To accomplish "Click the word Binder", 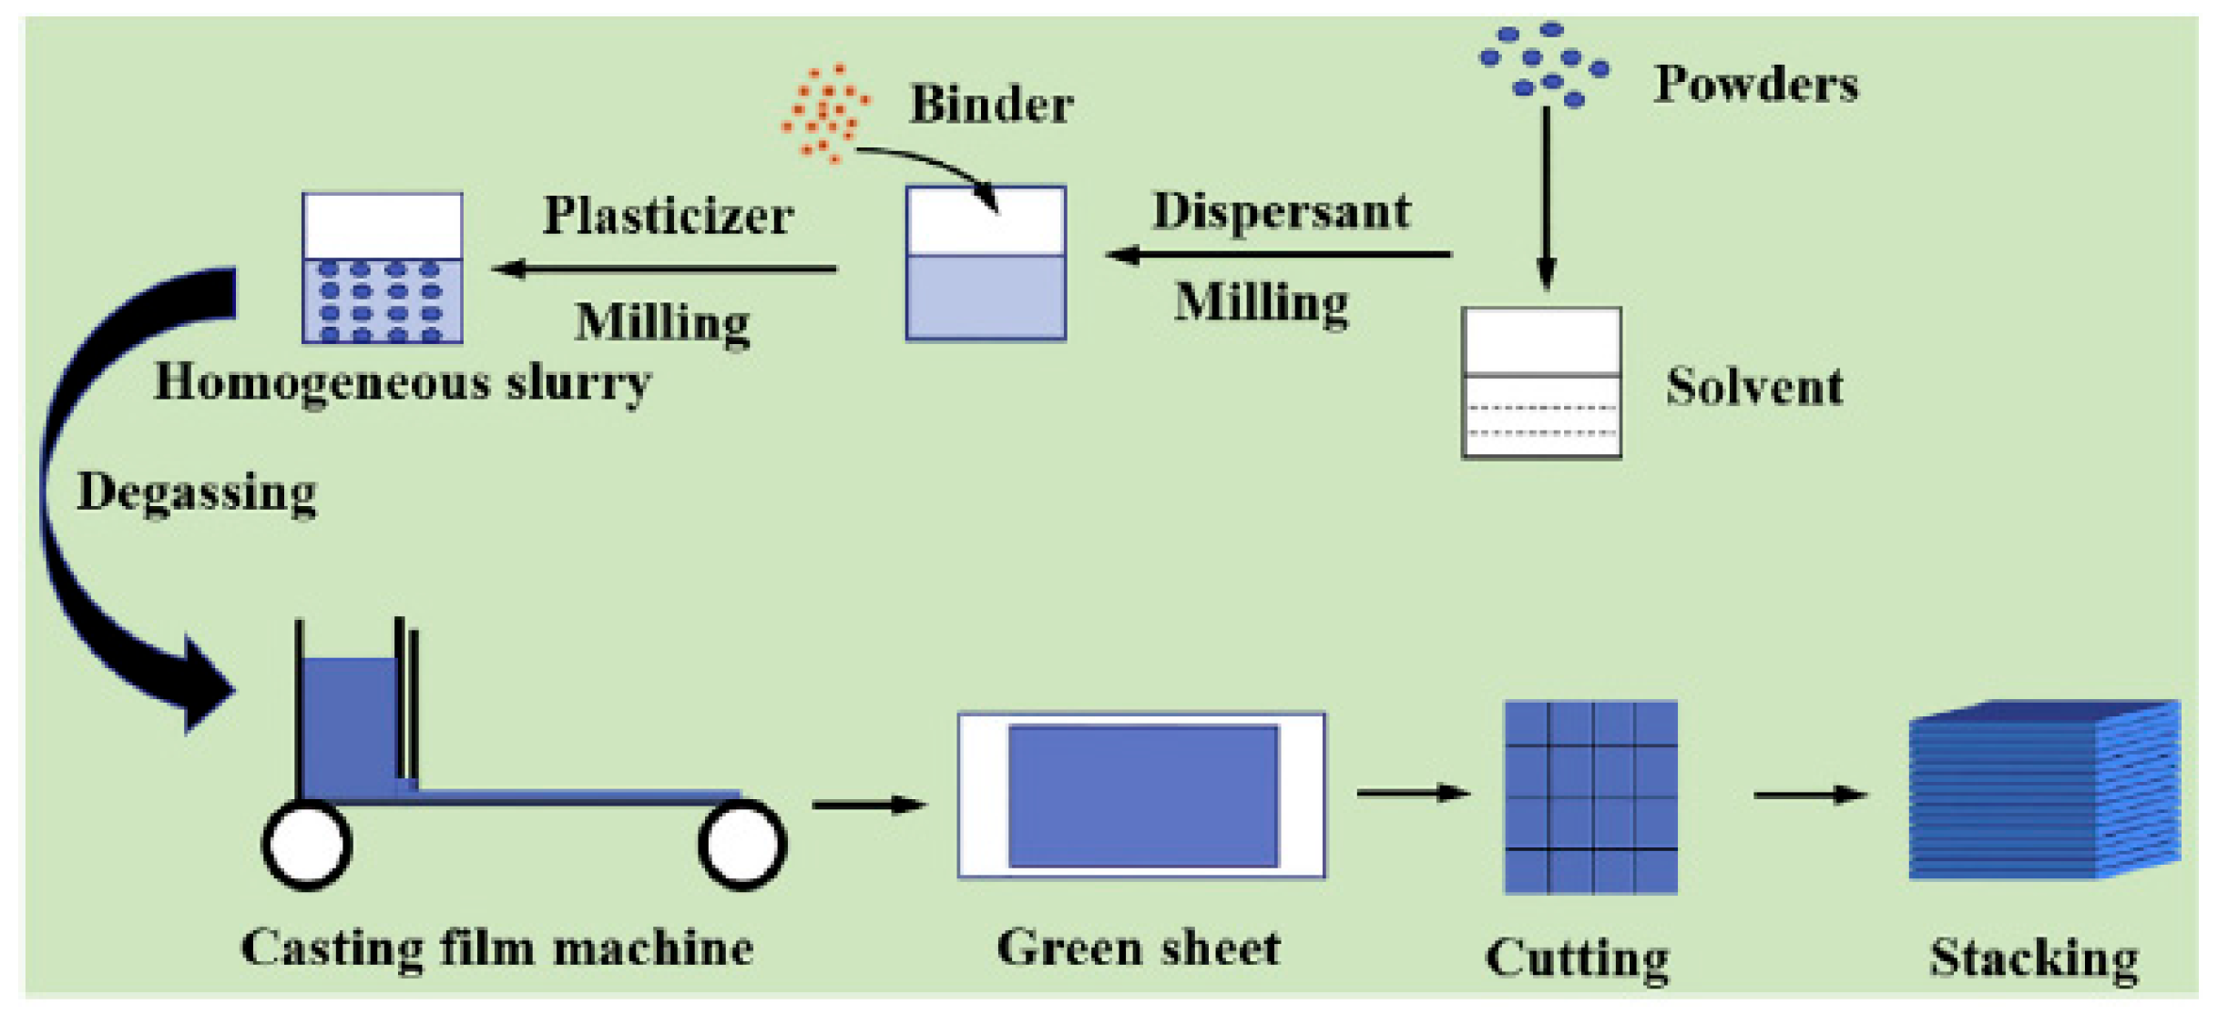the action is pos(992,104).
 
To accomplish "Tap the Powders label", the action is pos(1756,85).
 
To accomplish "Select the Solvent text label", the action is pos(1754,387).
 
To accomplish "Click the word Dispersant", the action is pos(1282,211).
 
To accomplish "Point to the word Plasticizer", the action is pos(669,216).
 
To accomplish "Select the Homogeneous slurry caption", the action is pos(403,383).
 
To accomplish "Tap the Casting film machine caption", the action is pos(497,948).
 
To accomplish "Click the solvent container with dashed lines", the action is pos(1541,382).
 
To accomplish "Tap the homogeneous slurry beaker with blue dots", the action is pos(383,269).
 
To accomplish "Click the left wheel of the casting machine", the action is pos(307,845).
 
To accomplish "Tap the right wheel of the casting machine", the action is pos(742,845).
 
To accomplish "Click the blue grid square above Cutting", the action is pos(1590,797).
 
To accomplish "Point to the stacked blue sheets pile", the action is pos(2045,790).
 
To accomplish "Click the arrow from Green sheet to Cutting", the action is pos(1414,794).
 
